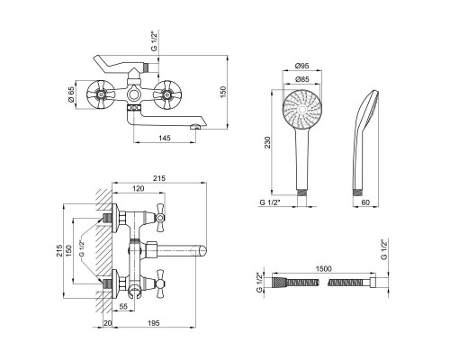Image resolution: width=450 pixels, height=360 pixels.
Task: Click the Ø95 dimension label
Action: (x=301, y=66)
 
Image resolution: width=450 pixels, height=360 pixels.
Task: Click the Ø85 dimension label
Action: (x=301, y=79)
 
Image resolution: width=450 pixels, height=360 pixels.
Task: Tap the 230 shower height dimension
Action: (x=267, y=142)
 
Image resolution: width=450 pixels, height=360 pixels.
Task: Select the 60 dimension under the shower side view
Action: (x=365, y=202)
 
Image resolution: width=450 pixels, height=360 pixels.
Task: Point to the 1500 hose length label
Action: (x=324, y=268)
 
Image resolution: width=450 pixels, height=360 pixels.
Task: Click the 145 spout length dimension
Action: (x=165, y=138)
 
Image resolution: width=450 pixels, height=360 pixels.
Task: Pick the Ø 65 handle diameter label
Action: (x=71, y=94)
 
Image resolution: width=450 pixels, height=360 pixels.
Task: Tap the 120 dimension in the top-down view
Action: (x=139, y=188)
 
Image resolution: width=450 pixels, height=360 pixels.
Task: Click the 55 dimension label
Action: (x=123, y=306)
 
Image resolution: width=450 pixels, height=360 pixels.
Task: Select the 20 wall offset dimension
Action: (x=107, y=323)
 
